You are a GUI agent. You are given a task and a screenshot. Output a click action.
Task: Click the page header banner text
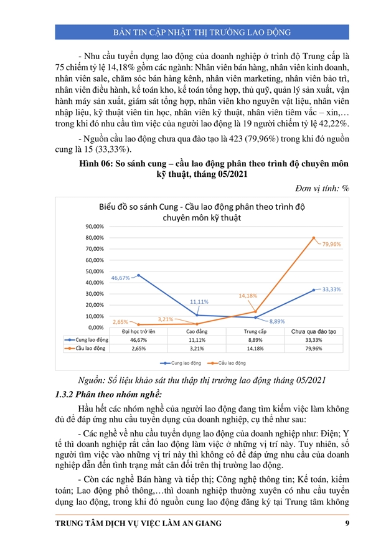click(x=192, y=32)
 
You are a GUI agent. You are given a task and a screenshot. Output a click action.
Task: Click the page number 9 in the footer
click(x=346, y=524)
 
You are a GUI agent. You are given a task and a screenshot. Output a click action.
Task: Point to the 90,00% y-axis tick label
click(x=95, y=227)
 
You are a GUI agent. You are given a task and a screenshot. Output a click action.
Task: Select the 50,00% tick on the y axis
click(x=95, y=271)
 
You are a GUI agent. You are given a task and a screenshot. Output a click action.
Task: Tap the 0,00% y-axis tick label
click(x=96, y=327)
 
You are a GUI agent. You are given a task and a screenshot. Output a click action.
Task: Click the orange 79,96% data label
click(x=331, y=245)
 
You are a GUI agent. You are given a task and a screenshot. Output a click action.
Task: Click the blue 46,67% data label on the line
click(x=120, y=278)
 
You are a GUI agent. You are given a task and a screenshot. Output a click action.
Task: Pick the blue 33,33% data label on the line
click(x=331, y=289)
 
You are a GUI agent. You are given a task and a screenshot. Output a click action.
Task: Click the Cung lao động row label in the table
click(x=89, y=341)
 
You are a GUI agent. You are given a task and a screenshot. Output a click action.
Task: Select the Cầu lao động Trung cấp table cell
click(x=255, y=349)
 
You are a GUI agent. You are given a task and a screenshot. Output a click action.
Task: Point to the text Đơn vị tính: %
click(x=320, y=187)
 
